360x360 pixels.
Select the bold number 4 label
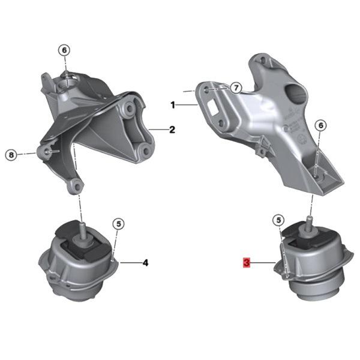pyautogui.click(x=145, y=262)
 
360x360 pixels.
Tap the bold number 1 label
pyautogui.click(x=173, y=105)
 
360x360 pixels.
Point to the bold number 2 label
pyautogui.click(x=172, y=129)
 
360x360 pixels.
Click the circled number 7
pyautogui.click(x=236, y=88)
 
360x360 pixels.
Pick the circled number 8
pyautogui.click(x=11, y=155)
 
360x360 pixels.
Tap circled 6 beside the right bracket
pyautogui.click(x=320, y=125)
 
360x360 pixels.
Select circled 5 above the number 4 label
pyautogui.click(x=119, y=224)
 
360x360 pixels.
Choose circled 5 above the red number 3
pyautogui.click(x=278, y=220)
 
